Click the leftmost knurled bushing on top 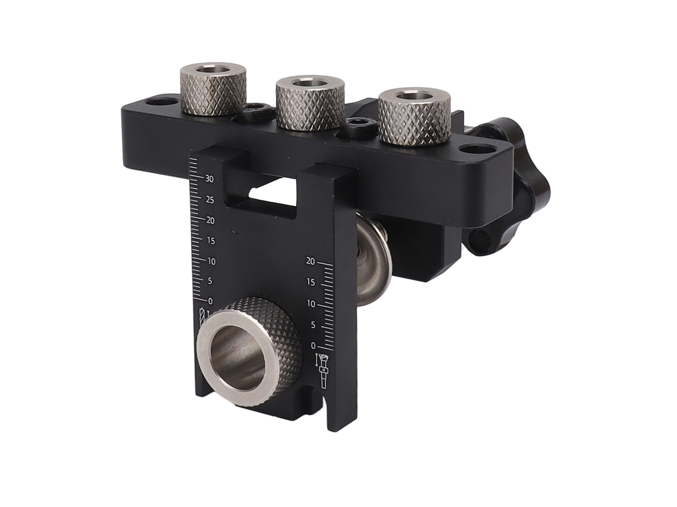click(213, 89)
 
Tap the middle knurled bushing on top click(311, 102)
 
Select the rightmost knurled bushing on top click(415, 116)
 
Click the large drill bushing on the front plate click(249, 352)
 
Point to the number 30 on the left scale click(210, 178)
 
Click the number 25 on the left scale click(210, 200)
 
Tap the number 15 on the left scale click(210, 241)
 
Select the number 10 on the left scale click(211, 262)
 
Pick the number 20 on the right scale click(311, 261)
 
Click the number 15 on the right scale click(311, 282)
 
